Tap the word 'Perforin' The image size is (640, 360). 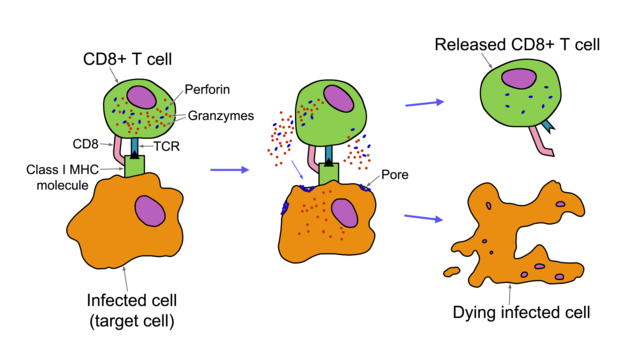pyautogui.click(x=203, y=89)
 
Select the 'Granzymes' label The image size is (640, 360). pyautogui.click(x=218, y=116)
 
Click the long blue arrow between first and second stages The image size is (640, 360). pyautogui.click(x=229, y=170)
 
